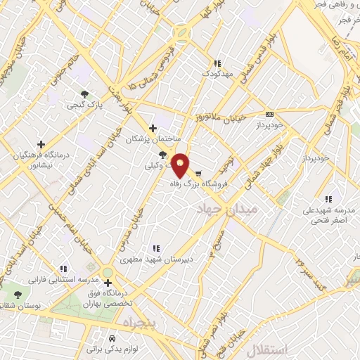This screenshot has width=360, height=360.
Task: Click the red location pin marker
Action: [181, 165]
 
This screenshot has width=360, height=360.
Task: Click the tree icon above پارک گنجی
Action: [85, 94]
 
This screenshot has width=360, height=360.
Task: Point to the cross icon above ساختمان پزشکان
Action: [153, 128]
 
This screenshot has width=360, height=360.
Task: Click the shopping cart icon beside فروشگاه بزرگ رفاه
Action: [199, 173]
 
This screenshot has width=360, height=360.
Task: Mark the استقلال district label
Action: [263, 349]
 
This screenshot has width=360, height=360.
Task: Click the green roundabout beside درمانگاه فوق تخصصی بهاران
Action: [107, 272]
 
